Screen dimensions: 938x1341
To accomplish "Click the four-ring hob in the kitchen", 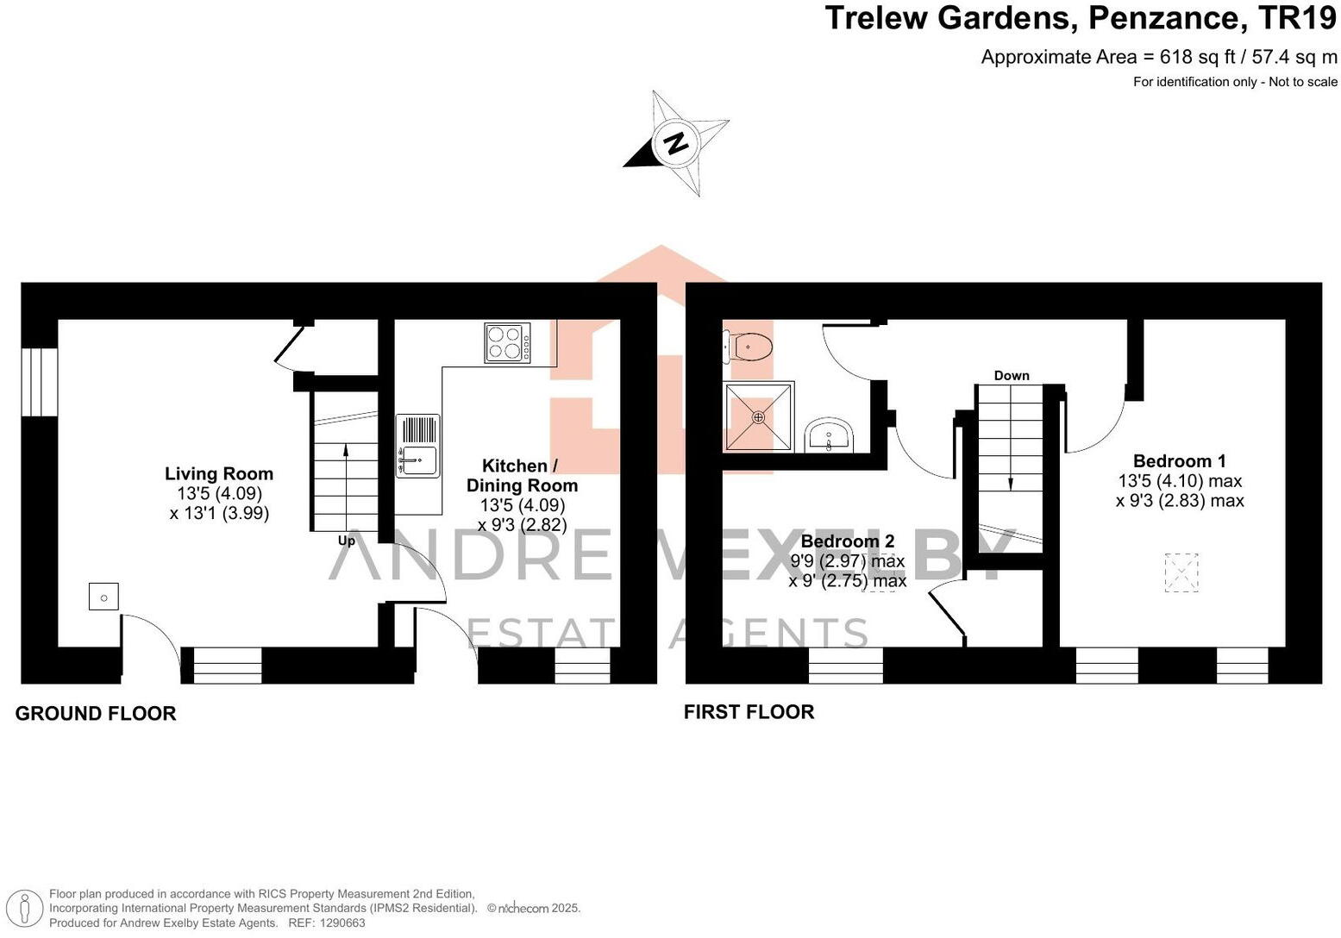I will pos(507,342).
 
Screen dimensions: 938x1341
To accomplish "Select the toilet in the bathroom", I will pos(749,347).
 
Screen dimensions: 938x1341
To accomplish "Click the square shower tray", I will pos(758,417).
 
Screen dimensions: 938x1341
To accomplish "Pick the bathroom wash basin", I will pos(830,436).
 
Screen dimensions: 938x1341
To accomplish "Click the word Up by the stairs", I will pos(346,541).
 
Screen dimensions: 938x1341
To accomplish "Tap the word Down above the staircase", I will pos(1011,376).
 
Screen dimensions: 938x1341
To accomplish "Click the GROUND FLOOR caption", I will pos(96,714).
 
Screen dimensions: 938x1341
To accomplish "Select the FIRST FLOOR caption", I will pos(749,712).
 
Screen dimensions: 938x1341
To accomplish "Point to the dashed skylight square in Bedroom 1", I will pos(1181,572).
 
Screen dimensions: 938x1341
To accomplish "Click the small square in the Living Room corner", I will pos(103,597).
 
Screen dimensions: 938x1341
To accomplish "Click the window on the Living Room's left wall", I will pos(39,382).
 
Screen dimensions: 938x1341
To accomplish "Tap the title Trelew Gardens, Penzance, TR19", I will pos(1081,18).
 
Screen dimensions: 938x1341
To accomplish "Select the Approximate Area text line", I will pos(1158,58).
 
